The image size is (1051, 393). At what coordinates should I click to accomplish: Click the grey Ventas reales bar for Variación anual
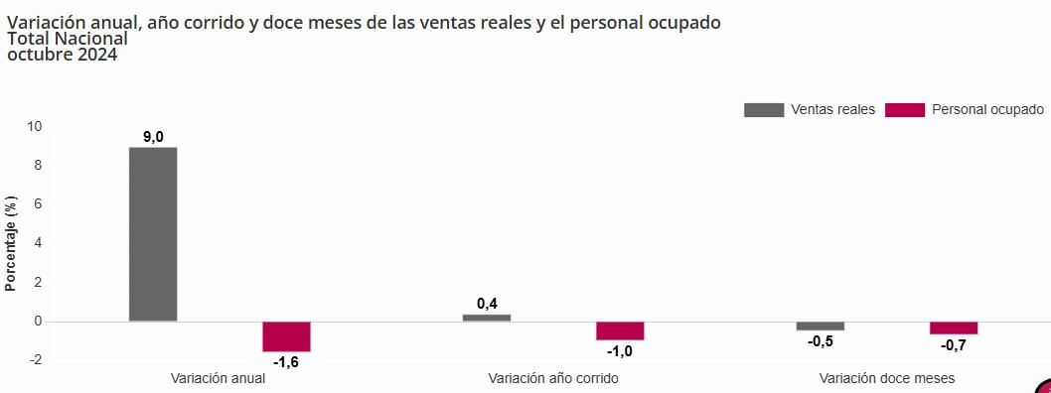tap(153, 234)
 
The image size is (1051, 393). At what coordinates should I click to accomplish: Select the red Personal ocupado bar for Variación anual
tap(286, 336)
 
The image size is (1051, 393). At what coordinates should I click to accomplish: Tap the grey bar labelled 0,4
tap(487, 318)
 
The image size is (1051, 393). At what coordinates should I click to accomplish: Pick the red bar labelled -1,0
tap(620, 330)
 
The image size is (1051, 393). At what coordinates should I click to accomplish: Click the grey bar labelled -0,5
tap(820, 326)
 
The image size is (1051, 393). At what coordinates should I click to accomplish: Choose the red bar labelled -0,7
tap(954, 327)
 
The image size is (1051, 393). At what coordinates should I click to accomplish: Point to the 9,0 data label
tap(153, 137)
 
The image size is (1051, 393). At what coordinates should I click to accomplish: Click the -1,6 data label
tap(286, 362)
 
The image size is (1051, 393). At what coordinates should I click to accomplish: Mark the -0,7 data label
tap(954, 344)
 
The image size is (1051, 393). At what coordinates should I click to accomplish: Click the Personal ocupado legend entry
tap(987, 109)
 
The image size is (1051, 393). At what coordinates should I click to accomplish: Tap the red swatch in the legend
tap(904, 109)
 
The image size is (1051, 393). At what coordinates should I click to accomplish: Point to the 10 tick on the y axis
tap(35, 126)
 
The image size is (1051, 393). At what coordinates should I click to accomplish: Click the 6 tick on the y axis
tap(39, 204)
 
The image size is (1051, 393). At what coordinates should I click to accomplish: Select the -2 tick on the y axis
tap(36, 360)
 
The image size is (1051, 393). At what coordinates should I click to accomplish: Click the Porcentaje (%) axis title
tap(11, 243)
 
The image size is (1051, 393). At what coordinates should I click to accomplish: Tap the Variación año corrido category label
tap(553, 378)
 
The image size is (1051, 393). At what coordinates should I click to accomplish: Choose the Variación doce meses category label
tap(887, 378)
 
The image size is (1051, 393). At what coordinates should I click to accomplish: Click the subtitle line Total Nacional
tap(68, 39)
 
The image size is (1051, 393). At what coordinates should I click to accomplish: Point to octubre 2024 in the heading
tap(62, 55)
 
